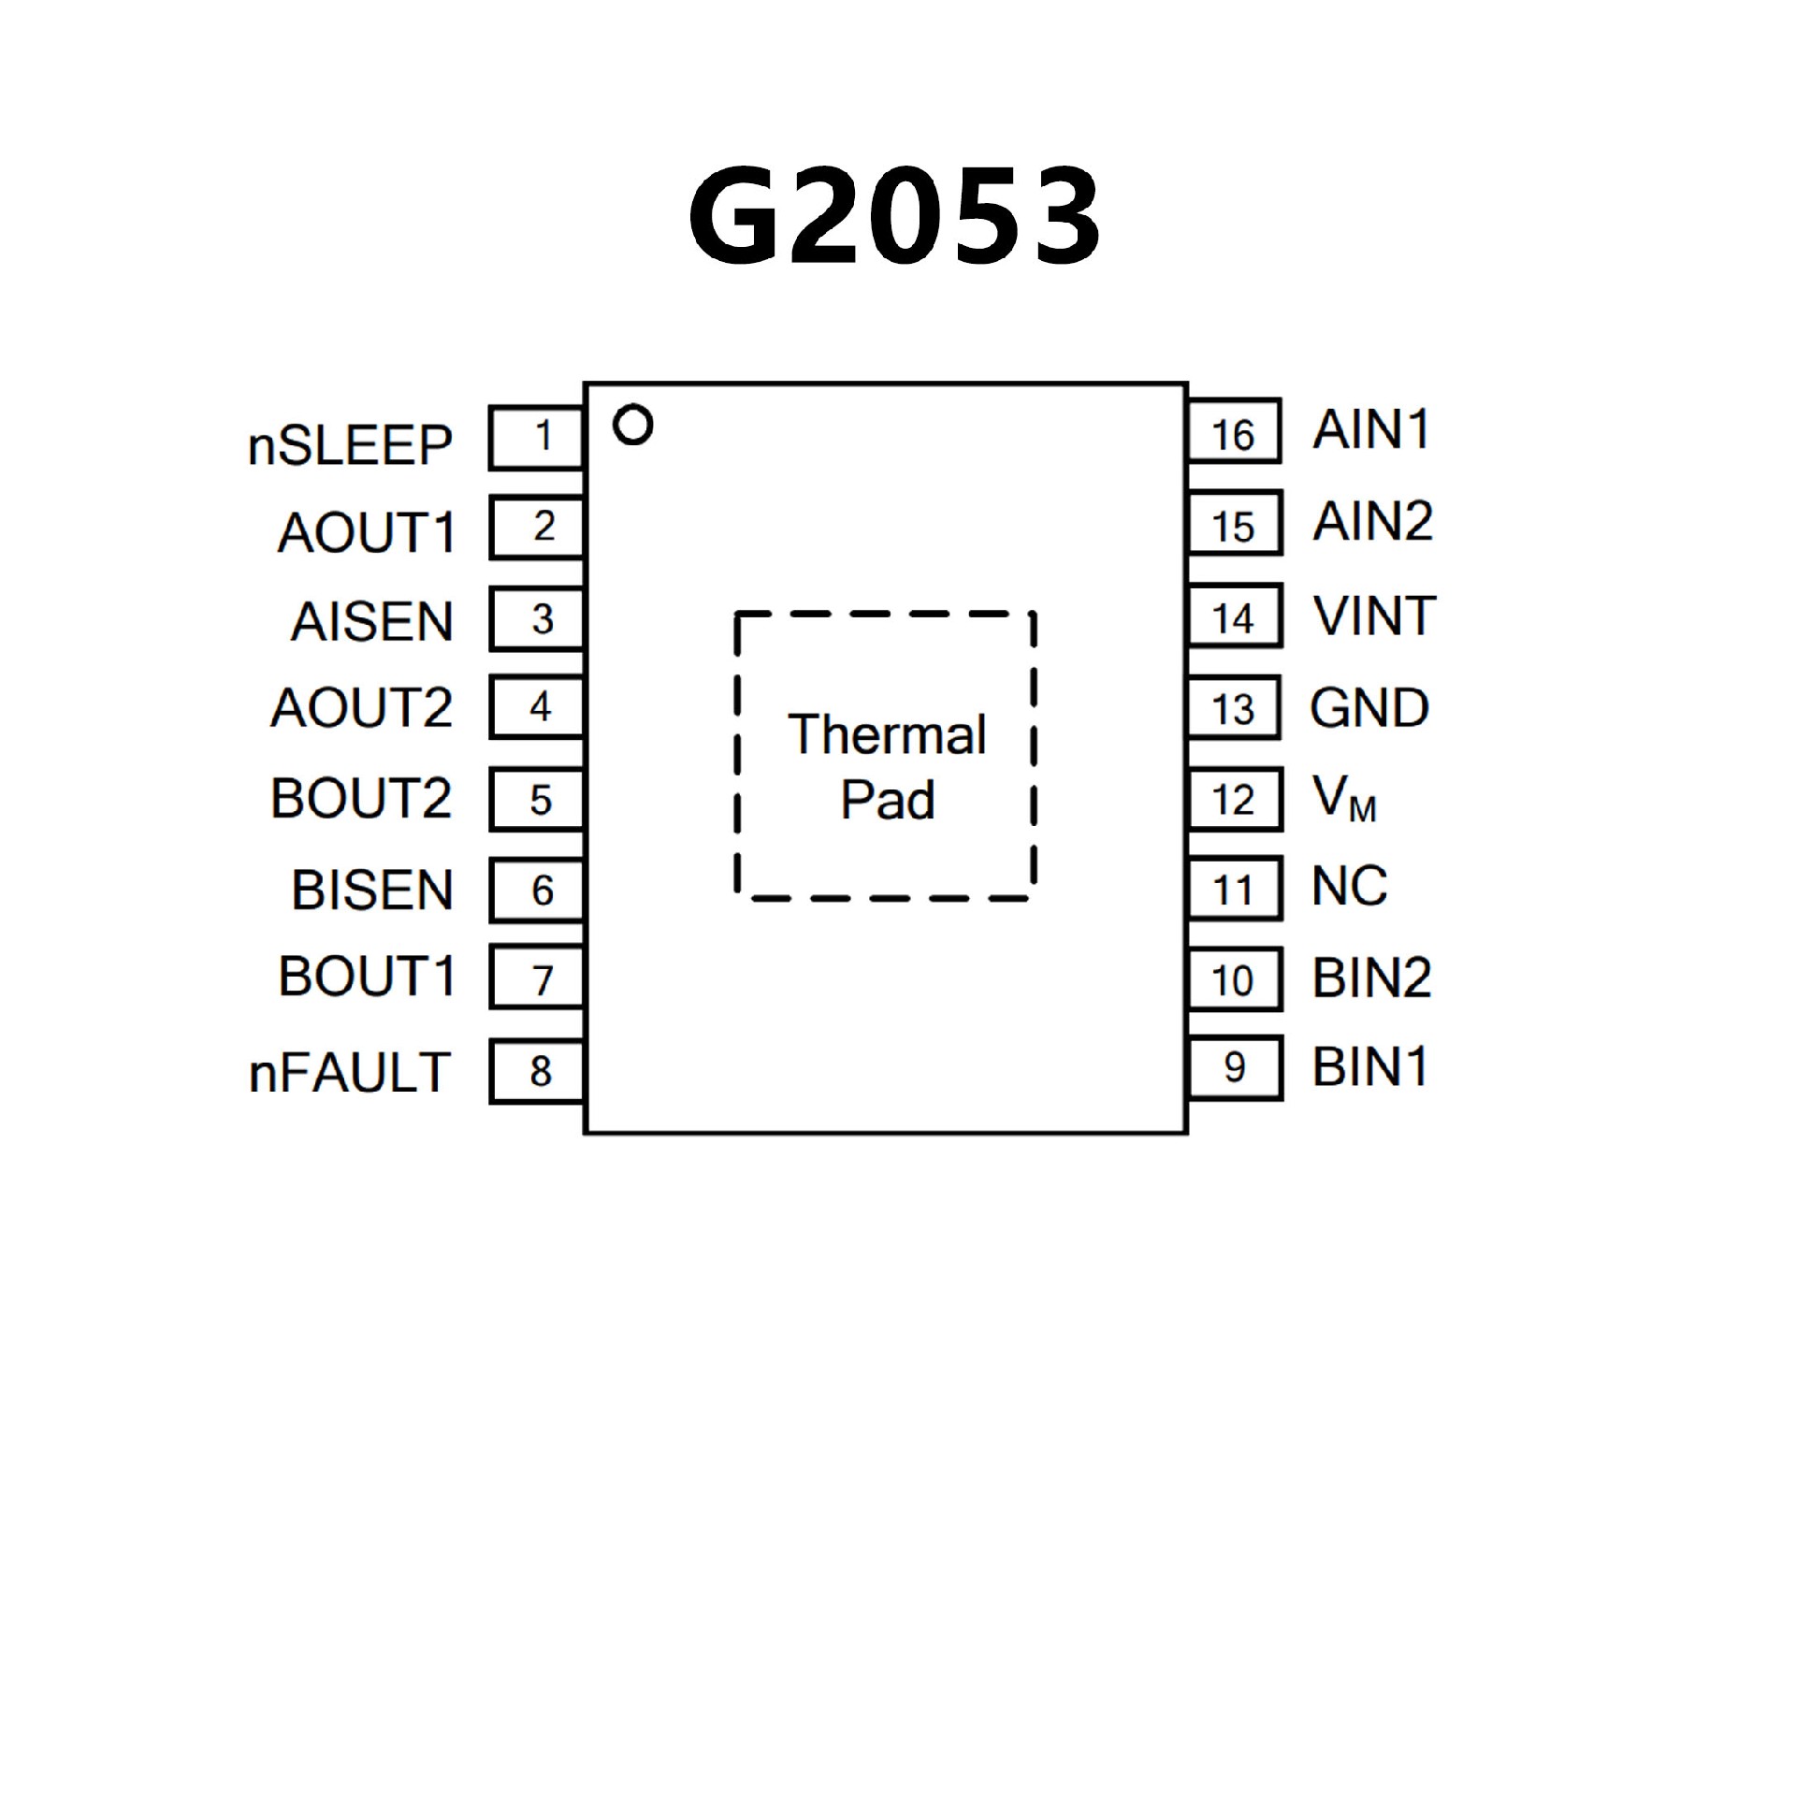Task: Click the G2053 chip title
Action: (x=894, y=216)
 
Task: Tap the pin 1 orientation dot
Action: (x=632, y=426)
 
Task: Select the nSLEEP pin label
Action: (x=350, y=445)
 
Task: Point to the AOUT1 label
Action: (x=367, y=533)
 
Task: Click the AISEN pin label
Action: (x=372, y=622)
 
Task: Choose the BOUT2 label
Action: (x=361, y=798)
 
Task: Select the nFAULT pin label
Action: (x=350, y=1072)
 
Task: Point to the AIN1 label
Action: (x=1371, y=430)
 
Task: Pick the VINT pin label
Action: (x=1374, y=616)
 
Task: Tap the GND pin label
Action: (x=1369, y=708)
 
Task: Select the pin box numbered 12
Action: (x=1234, y=799)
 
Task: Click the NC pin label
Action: (x=1349, y=886)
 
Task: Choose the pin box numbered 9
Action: (x=1234, y=1067)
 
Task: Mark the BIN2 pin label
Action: (x=1372, y=978)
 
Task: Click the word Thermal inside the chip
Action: (x=887, y=734)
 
